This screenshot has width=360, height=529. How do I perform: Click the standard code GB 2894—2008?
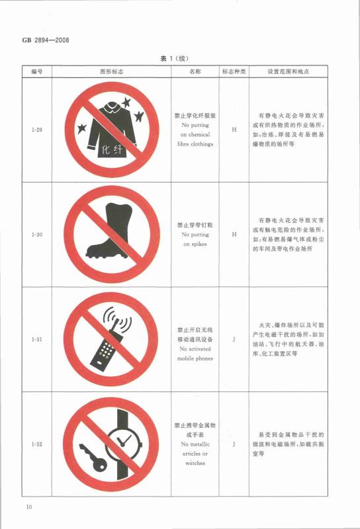46,40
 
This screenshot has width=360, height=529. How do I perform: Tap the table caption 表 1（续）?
175,58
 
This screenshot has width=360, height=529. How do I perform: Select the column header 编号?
37,71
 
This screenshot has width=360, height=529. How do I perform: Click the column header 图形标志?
112,71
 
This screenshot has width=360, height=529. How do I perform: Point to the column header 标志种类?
234,71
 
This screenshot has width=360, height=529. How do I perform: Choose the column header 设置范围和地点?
289,71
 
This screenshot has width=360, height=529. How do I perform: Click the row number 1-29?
37,130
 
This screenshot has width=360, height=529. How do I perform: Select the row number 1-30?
37,235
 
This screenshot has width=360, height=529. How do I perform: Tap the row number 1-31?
37,339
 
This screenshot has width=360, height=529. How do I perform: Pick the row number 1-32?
37,444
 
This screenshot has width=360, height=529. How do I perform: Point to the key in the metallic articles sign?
93,458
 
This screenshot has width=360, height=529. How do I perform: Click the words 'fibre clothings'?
195,144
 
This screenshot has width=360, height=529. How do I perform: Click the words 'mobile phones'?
195,358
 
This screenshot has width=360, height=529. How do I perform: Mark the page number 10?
29,507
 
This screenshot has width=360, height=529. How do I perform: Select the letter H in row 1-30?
234,235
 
